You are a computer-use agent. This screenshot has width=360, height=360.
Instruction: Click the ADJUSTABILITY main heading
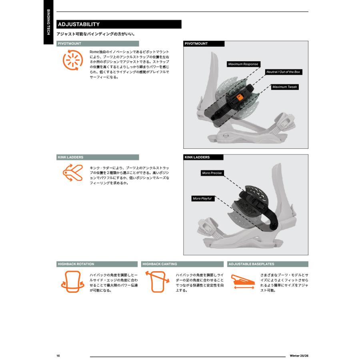[79, 24]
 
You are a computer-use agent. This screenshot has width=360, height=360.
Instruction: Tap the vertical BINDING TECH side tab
[48, 22]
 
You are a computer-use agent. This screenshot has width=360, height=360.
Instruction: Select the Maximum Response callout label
[243, 64]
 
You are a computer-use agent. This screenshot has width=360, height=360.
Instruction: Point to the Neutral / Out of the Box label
[283, 72]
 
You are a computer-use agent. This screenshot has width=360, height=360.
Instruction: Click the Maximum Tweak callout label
[285, 87]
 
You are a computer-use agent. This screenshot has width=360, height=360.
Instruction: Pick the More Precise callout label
[212, 173]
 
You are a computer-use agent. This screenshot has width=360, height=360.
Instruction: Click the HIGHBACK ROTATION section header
[76, 264]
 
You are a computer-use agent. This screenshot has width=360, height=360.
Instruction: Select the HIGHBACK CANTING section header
[160, 264]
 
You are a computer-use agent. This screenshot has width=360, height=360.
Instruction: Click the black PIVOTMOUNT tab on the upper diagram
[196, 44]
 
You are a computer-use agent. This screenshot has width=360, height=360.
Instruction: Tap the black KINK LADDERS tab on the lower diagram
[197, 157]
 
